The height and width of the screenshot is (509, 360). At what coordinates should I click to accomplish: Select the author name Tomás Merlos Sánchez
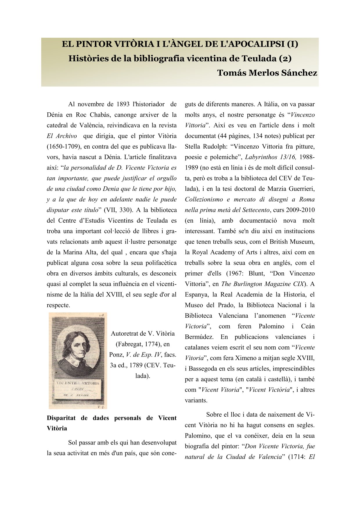tap(267, 73)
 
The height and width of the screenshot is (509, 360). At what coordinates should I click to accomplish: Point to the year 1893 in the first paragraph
tap(123, 104)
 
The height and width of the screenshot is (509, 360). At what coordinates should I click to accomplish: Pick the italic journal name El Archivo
tap(62, 136)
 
